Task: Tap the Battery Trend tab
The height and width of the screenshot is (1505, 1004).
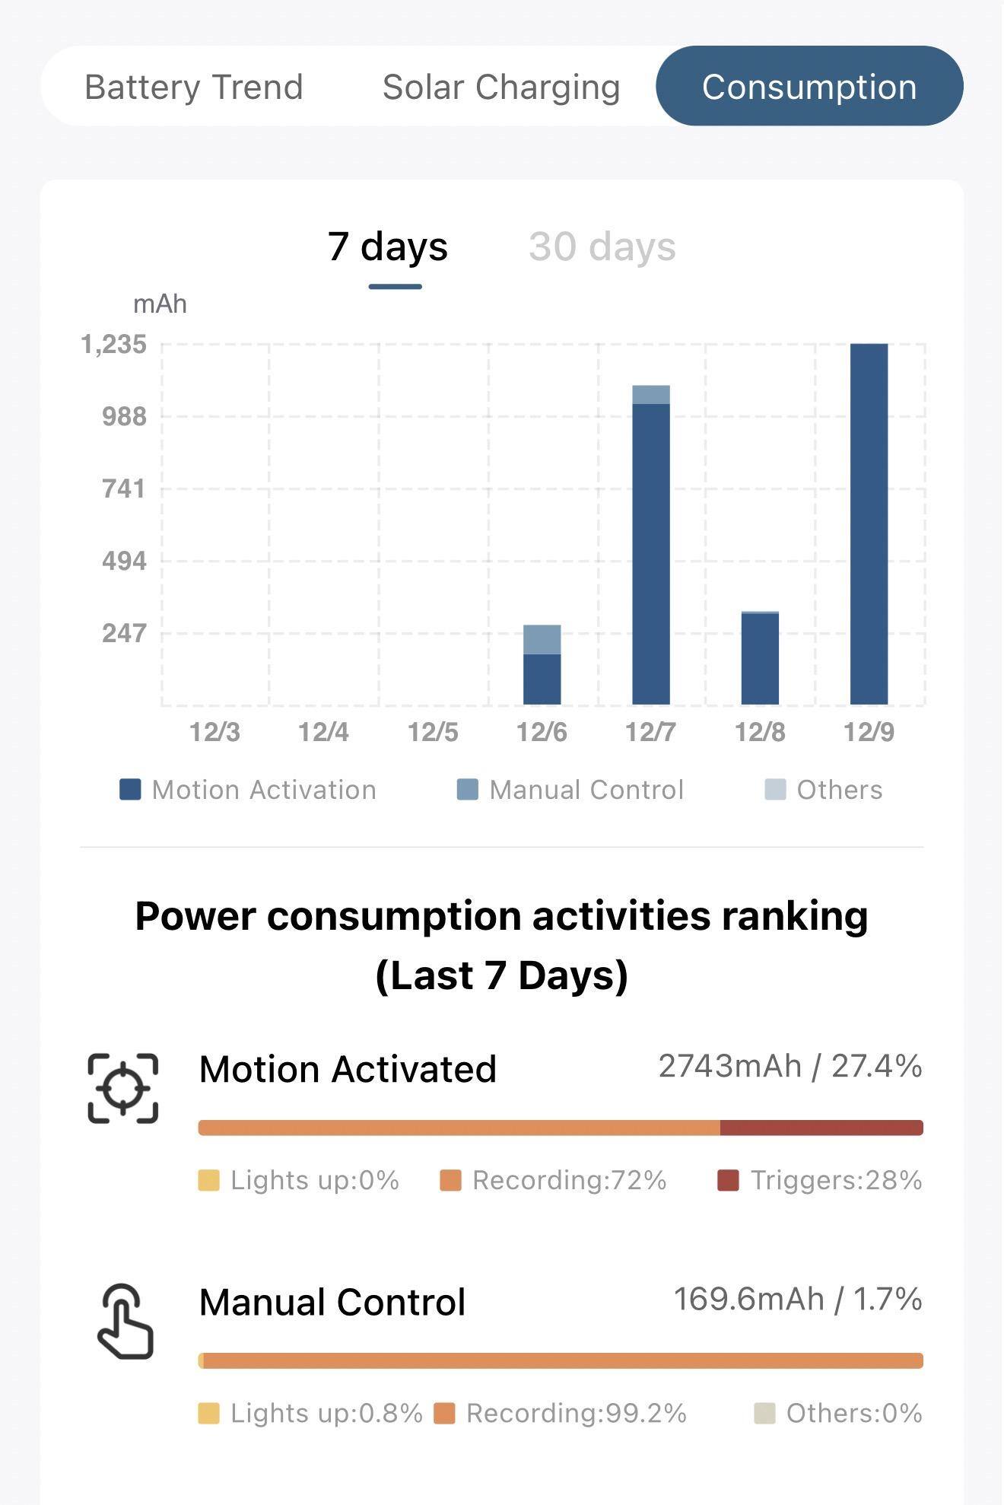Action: [x=194, y=87]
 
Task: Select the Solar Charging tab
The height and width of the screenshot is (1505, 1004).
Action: [x=501, y=87]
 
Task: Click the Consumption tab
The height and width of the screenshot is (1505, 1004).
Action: [x=809, y=87]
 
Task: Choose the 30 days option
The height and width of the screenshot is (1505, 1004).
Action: [x=602, y=247]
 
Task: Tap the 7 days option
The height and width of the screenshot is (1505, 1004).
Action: [x=388, y=247]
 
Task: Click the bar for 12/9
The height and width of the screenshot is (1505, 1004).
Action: [x=869, y=524]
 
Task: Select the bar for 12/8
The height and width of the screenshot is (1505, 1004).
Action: [x=760, y=659]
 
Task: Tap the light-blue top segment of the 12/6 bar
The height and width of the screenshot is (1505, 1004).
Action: [x=542, y=639]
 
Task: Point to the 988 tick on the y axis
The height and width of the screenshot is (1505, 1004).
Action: [x=124, y=416]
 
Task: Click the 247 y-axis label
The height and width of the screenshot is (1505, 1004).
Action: [x=124, y=633]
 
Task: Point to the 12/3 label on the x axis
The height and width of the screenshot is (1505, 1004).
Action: [x=214, y=732]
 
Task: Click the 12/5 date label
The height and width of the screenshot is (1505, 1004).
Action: [x=433, y=732]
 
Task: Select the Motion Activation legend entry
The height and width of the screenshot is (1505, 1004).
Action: [x=248, y=790]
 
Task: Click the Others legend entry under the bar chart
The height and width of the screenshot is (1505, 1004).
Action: [x=824, y=790]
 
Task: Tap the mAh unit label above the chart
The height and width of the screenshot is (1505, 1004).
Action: [x=160, y=304]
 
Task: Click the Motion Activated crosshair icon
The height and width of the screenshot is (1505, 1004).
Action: [x=123, y=1088]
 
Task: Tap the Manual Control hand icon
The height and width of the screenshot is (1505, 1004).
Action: [x=125, y=1321]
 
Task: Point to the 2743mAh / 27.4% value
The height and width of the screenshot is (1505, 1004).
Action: [x=790, y=1066]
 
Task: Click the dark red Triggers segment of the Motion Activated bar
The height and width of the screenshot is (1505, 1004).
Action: [x=821, y=1128]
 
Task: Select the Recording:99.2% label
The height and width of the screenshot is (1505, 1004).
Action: [x=561, y=1413]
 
